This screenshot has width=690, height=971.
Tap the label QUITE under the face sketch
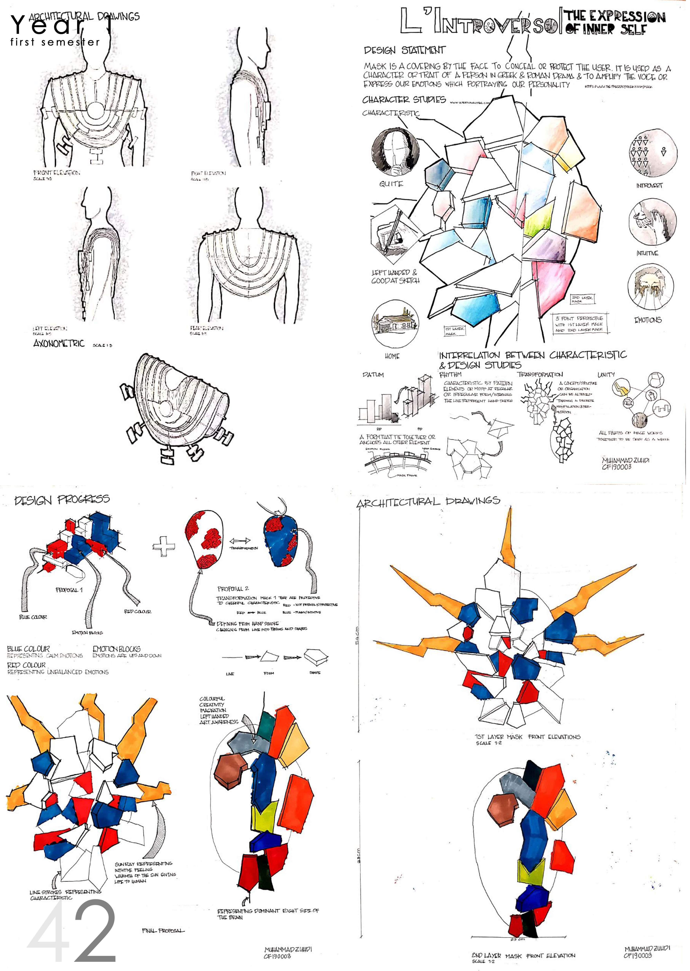[x=391, y=184]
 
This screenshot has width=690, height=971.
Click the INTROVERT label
[x=649, y=186]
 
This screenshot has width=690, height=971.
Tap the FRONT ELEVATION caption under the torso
[x=57, y=173]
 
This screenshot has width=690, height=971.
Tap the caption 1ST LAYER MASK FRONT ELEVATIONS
[x=527, y=737]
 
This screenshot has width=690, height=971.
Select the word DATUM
[x=373, y=375]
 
